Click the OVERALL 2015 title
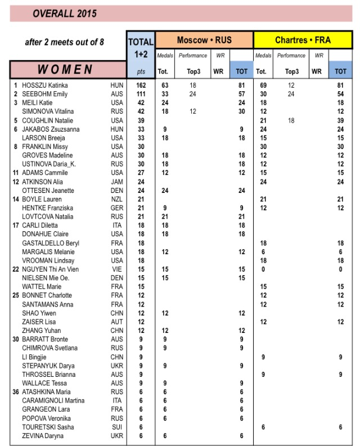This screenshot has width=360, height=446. [x=64, y=13]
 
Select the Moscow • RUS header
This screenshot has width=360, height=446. [x=204, y=40]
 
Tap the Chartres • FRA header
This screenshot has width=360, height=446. [x=302, y=40]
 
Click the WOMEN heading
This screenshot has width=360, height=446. [x=65, y=69]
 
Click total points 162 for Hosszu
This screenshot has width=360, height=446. [x=141, y=85]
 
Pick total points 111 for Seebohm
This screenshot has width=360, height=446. [x=141, y=94]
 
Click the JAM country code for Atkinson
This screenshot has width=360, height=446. [x=116, y=182]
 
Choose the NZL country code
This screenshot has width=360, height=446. [x=116, y=200]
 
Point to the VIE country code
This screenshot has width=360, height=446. [x=116, y=269]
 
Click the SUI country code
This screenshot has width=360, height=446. [x=116, y=427]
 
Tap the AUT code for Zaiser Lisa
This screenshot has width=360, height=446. [x=116, y=322]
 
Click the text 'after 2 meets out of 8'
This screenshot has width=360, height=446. [x=64, y=42]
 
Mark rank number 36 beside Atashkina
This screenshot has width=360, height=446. [x=16, y=392]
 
